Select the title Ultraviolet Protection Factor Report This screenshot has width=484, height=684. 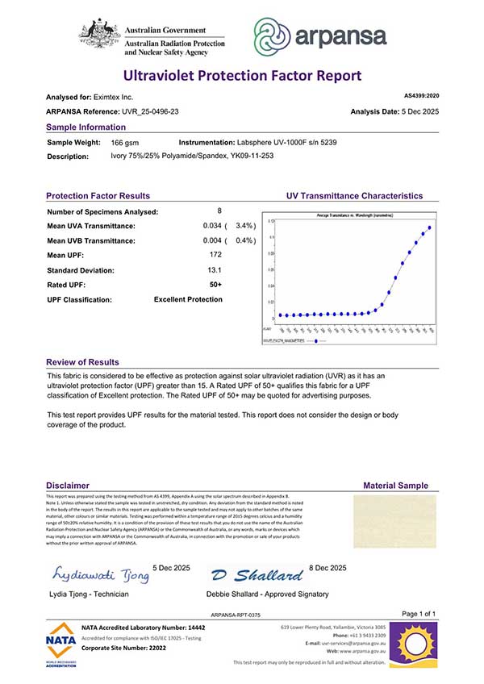(241, 76)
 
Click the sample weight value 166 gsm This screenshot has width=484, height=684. (123, 141)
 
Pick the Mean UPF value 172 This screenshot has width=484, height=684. (215, 255)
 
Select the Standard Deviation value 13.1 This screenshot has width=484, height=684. (215, 269)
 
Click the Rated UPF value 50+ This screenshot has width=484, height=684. (215, 284)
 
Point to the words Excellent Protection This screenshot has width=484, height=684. (188, 299)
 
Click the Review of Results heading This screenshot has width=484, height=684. (82, 362)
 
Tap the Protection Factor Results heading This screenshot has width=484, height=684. (98, 196)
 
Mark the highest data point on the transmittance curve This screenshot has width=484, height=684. (430, 227)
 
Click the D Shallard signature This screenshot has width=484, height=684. (256, 575)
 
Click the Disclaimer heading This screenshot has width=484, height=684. (68, 486)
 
